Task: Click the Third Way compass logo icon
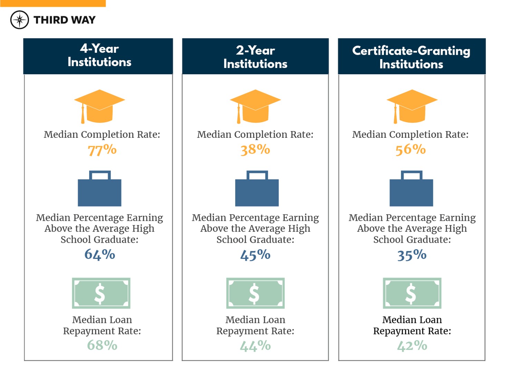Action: [20, 20]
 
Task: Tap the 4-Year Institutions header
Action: [99, 56]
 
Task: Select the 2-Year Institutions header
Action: [255, 57]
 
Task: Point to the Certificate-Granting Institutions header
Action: [411, 57]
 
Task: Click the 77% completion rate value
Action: [102, 150]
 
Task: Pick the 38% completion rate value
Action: [255, 149]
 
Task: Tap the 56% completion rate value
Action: [411, 149]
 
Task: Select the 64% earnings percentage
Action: [100, 254]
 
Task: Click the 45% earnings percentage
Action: [255, 255]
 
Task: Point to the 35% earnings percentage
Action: [412, 255]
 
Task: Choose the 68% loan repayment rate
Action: [102, 345]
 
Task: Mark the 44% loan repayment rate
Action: [255, 345]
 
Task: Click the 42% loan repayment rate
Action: [412, 345]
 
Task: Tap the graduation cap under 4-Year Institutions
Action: [99, 106]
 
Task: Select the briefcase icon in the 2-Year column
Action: [257, 188]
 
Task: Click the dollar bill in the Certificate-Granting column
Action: [412, 293]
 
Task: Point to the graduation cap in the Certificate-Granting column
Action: [412, 106]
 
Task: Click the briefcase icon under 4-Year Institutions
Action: [99, 188]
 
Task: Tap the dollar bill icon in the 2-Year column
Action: [255, 293]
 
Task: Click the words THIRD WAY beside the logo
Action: [65, 20]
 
